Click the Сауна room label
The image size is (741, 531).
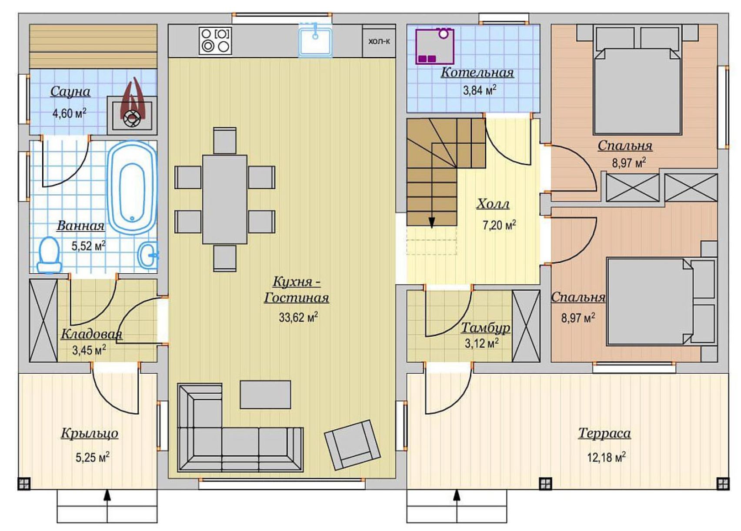coord(70,92)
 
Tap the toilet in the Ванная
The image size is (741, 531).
coord(49,255)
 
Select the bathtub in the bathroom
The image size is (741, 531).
coord(132,187)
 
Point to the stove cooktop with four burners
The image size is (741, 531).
coord(215,41)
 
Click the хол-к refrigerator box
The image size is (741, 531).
coord(379,41)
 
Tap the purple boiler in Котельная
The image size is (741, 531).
coord(435,46)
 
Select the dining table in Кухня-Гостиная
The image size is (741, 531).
coord(225,199)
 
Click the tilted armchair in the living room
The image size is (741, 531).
coord(352,445)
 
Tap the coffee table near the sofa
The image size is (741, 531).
coord(265,395)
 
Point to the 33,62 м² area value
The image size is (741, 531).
coord(298,317)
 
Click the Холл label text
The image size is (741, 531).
coord(493,204)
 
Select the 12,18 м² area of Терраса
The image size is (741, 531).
coord(606,457)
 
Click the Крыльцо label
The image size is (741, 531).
coord(90,434)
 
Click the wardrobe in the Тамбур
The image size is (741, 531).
coord(526,326)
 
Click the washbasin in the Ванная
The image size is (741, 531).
coord(148,255)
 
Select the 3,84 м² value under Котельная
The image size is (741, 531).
coord(480,90)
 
